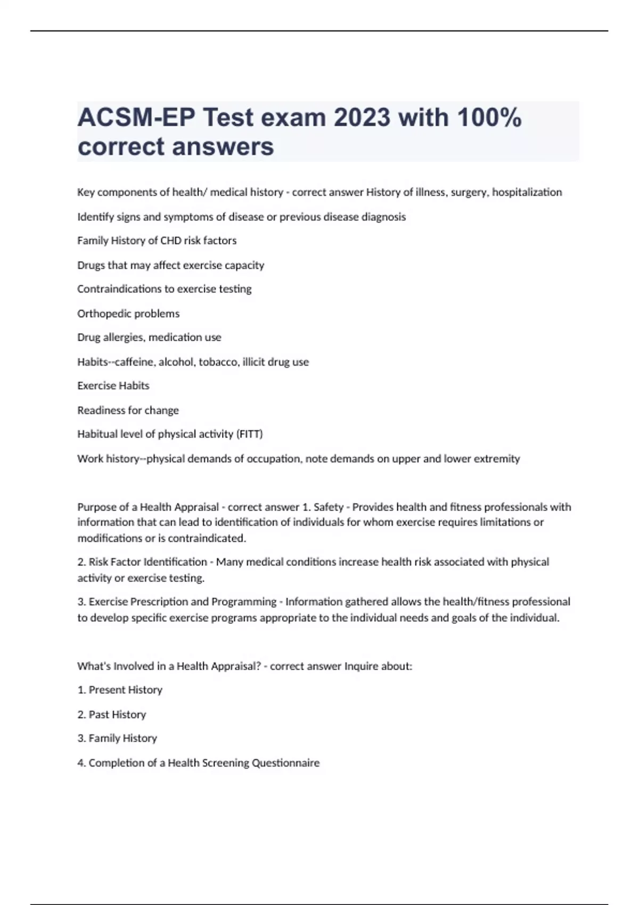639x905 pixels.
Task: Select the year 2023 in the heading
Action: pos(362,118)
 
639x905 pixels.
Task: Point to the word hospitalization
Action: pos(527,192)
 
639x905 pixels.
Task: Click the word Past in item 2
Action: pos(99,714)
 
